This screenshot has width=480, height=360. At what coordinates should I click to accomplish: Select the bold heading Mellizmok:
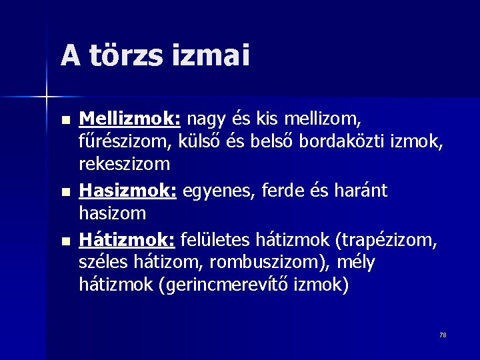pyautogui.click(x=130, y=119)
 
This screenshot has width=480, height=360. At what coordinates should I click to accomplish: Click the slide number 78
pyautogui.click(x=443, y=335)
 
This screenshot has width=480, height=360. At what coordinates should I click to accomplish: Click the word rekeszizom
pyautogui.click(x=125, y=163)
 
